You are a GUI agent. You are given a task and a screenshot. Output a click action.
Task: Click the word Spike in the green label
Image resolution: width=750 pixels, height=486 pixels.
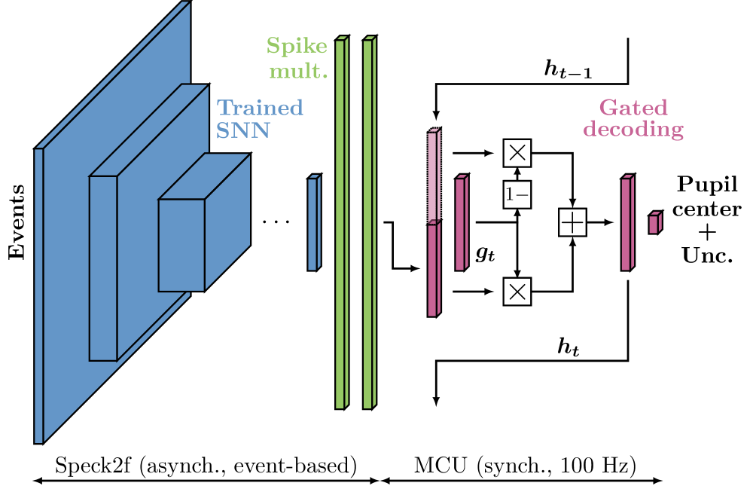click(297, 47)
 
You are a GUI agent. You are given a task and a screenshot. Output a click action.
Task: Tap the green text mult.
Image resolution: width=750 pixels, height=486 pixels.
click(299, 72)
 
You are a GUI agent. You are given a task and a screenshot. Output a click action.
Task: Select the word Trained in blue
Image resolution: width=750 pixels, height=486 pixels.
click(260, 108)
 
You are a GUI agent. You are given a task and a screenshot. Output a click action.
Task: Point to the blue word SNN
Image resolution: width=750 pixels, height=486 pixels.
click(242, 131)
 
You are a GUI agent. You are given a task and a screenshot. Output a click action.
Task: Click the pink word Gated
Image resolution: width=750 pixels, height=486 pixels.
click(633, 107)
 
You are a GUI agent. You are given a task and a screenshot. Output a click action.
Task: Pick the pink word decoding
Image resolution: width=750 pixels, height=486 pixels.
click(633, 130)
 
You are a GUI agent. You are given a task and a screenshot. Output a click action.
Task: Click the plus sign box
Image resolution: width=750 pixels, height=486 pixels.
click(572, 223)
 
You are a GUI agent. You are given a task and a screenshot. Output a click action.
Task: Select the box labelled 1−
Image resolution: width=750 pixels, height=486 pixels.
click(517, 195)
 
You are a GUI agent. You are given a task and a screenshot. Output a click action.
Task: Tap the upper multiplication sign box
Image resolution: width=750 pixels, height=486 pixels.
click(517, 153)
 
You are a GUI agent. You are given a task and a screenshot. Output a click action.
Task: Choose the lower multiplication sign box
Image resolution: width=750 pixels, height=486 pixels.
click(517, 292)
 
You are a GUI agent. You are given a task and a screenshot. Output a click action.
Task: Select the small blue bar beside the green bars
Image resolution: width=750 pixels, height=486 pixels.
click(312, 225)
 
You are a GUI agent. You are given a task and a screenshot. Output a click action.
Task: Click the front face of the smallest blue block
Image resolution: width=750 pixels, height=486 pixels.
click(181, 245)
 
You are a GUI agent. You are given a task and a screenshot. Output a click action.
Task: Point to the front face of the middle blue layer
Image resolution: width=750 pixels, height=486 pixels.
click(103, 268)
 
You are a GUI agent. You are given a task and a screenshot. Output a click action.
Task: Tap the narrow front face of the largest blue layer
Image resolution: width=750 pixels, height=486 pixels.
click(39, 295)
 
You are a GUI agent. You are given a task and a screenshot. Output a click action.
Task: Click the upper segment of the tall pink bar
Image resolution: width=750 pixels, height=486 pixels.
click(432, 178)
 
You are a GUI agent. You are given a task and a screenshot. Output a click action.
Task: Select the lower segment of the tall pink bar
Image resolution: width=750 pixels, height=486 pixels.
click(432, 270)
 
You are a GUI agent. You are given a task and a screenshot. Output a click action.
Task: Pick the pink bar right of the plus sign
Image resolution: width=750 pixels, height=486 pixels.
click(626, 225)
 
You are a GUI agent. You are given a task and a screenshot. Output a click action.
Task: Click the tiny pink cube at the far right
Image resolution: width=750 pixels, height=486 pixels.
click(654, 225)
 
